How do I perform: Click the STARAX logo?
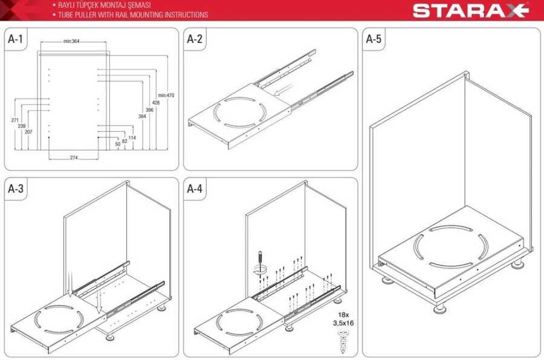pyautogui.click(x=470, y=10)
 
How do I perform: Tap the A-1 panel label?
pyautogui.click(x=16, y=39)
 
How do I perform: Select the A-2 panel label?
pyautogui.click(x=195, y=39)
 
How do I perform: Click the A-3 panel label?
pyautogui.click(x=16, y=188)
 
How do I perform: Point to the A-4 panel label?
pyautogui.click(x=195, y=188)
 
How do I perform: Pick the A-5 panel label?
pyautogui.click(x=374, y=39)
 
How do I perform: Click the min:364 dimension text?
pyautogui.click(x=71, y=41)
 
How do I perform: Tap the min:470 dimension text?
pyautogui.click(x=166, y=95)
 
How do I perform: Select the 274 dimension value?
pyautogui.click(x=74, y=158)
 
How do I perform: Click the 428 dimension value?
pyautogui.click(x=156, y=103)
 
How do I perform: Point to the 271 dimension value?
pyautogui.click(x=15, y=120)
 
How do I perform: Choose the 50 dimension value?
pyautogui.click(x=118, y=144)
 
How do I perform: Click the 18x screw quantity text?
pyautogui.click(x=343, y=315)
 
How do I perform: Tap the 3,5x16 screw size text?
pyautogui.click(x=343, y=323)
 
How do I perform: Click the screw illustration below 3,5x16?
pyautogui.click(x=343, y=341)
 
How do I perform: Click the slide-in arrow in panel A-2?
pyautogui.click(x=282, y=91)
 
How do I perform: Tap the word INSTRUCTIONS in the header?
pyautogui.click(x=186, y=14)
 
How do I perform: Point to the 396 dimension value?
pyautogui.click(x=149, y=110)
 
